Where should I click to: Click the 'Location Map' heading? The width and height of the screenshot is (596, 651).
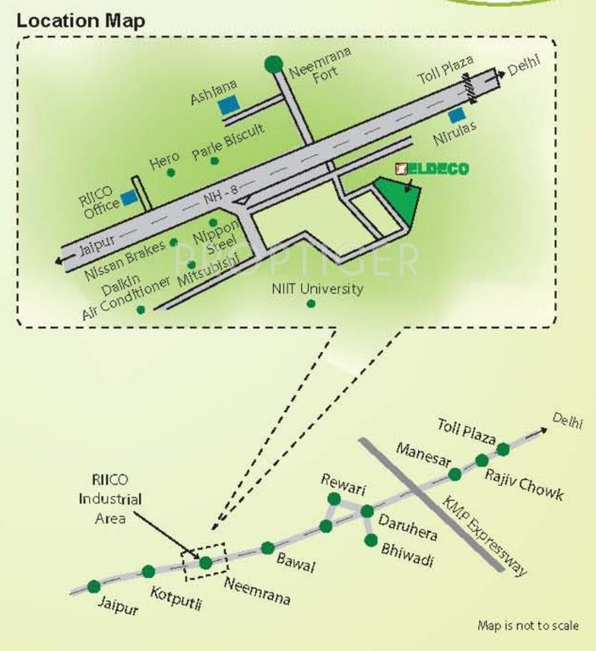point(81,20)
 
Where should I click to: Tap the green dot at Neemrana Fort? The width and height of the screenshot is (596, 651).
point(273,64)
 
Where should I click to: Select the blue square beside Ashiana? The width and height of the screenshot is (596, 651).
point(227,106)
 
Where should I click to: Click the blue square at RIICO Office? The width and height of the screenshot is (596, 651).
point(129,198)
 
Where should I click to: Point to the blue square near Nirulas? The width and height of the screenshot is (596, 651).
point(457,114)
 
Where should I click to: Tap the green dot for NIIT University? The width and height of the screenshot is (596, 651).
point(311,303)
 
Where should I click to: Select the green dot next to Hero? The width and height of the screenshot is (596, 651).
point(170,173)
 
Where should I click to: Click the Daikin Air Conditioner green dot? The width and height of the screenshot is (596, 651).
point(140,309)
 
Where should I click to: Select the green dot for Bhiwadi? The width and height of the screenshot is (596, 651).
point(370,540)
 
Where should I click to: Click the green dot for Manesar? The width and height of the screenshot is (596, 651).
point(455,473)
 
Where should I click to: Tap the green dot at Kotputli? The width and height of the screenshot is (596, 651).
point(148,571)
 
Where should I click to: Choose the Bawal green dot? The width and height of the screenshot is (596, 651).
point(268,548)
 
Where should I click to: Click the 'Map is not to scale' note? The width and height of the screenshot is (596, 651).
point(528,626)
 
